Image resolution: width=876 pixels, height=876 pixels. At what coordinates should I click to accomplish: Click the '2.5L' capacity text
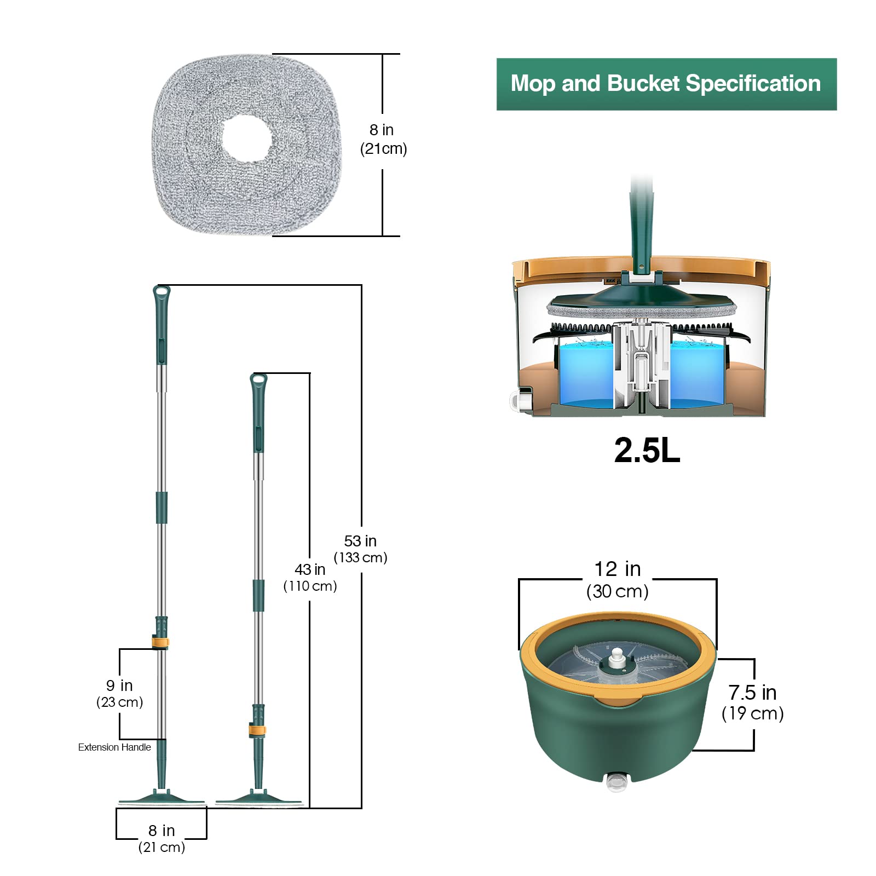tap(647, 451)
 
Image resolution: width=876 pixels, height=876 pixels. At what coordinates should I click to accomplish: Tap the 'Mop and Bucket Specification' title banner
tap(666, 84)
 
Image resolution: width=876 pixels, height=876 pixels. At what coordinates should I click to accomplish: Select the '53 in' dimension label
tap(360, 541)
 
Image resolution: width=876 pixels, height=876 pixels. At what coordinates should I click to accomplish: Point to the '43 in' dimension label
tap(310, 569)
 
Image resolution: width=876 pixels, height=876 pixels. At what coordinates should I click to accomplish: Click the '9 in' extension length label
tap(119, 685)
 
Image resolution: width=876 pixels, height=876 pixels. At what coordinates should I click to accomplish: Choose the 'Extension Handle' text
tap(114, 747)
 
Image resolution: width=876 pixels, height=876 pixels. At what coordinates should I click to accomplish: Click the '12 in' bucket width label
tap(618, 569)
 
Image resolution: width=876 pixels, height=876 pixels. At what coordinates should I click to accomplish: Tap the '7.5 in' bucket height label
tap(752, 693)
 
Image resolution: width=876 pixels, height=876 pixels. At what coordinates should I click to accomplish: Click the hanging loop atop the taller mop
tap(162, 293)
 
